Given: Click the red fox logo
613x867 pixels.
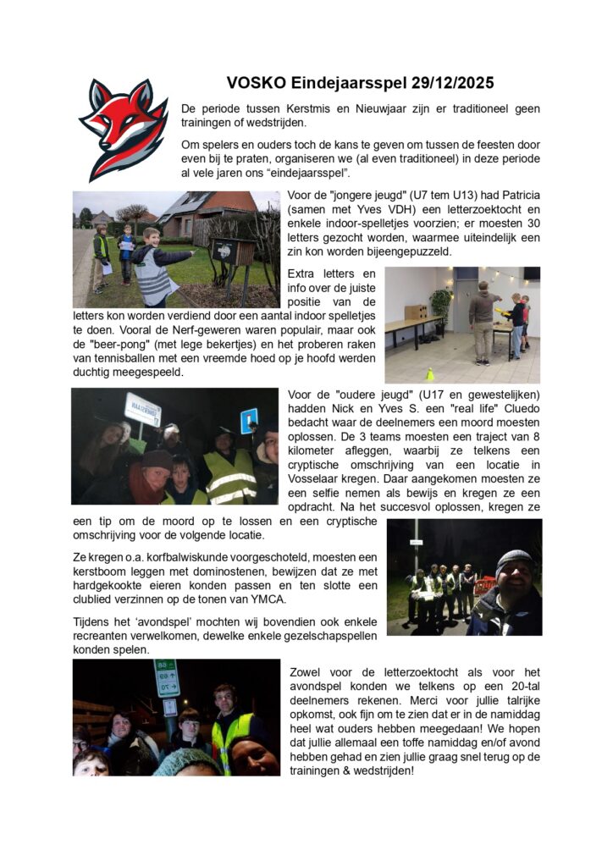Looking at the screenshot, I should pyautogui.click(x=124, y=128).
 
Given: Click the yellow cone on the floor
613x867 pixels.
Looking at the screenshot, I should pyautogui.click(x=429, y=373).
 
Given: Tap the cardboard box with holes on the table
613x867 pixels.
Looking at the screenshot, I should pyautogui.click(x=415, y=312).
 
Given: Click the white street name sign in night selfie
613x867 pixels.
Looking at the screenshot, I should pyautogui.click(x=142, y=409).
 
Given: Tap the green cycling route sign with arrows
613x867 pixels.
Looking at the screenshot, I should pyautogui.click(x=166, y=678).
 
